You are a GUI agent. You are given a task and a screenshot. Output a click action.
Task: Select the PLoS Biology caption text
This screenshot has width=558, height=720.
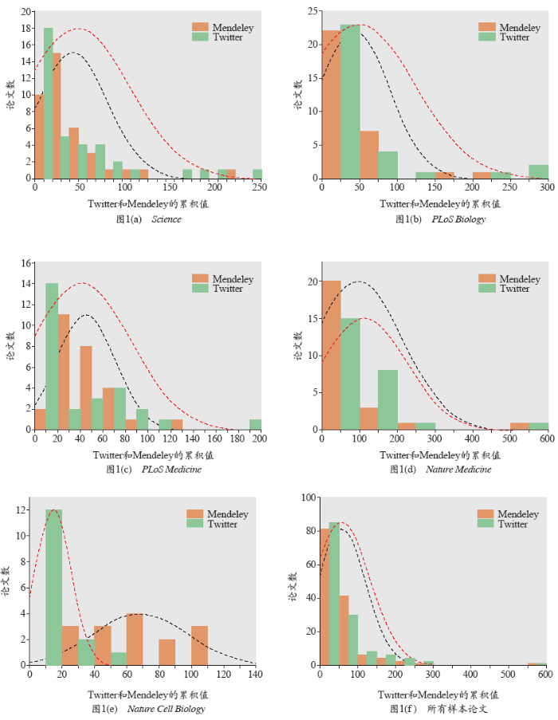458,219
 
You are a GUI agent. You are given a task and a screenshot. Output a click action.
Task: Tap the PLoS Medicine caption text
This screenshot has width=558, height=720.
172,469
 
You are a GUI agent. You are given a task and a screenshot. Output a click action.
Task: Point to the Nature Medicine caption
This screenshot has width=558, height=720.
458,469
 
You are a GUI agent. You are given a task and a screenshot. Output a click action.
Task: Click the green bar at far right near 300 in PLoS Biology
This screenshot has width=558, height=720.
539,171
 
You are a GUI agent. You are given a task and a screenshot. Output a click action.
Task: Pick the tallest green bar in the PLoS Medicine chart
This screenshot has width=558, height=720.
52,356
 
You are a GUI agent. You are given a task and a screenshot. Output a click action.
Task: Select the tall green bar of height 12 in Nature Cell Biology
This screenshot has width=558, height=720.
54,587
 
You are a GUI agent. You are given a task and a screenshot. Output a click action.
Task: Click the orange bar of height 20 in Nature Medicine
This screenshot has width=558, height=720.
331,355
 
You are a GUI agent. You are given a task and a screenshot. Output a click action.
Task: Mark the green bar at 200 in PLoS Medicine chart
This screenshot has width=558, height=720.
255,424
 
